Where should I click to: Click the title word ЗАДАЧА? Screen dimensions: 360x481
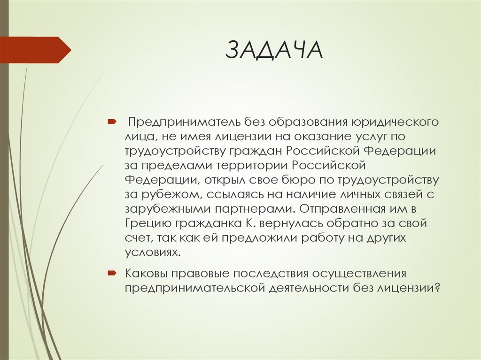[274, 50]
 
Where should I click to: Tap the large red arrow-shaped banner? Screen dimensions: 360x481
[33, 50]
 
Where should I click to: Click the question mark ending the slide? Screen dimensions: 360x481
[437, 288]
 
